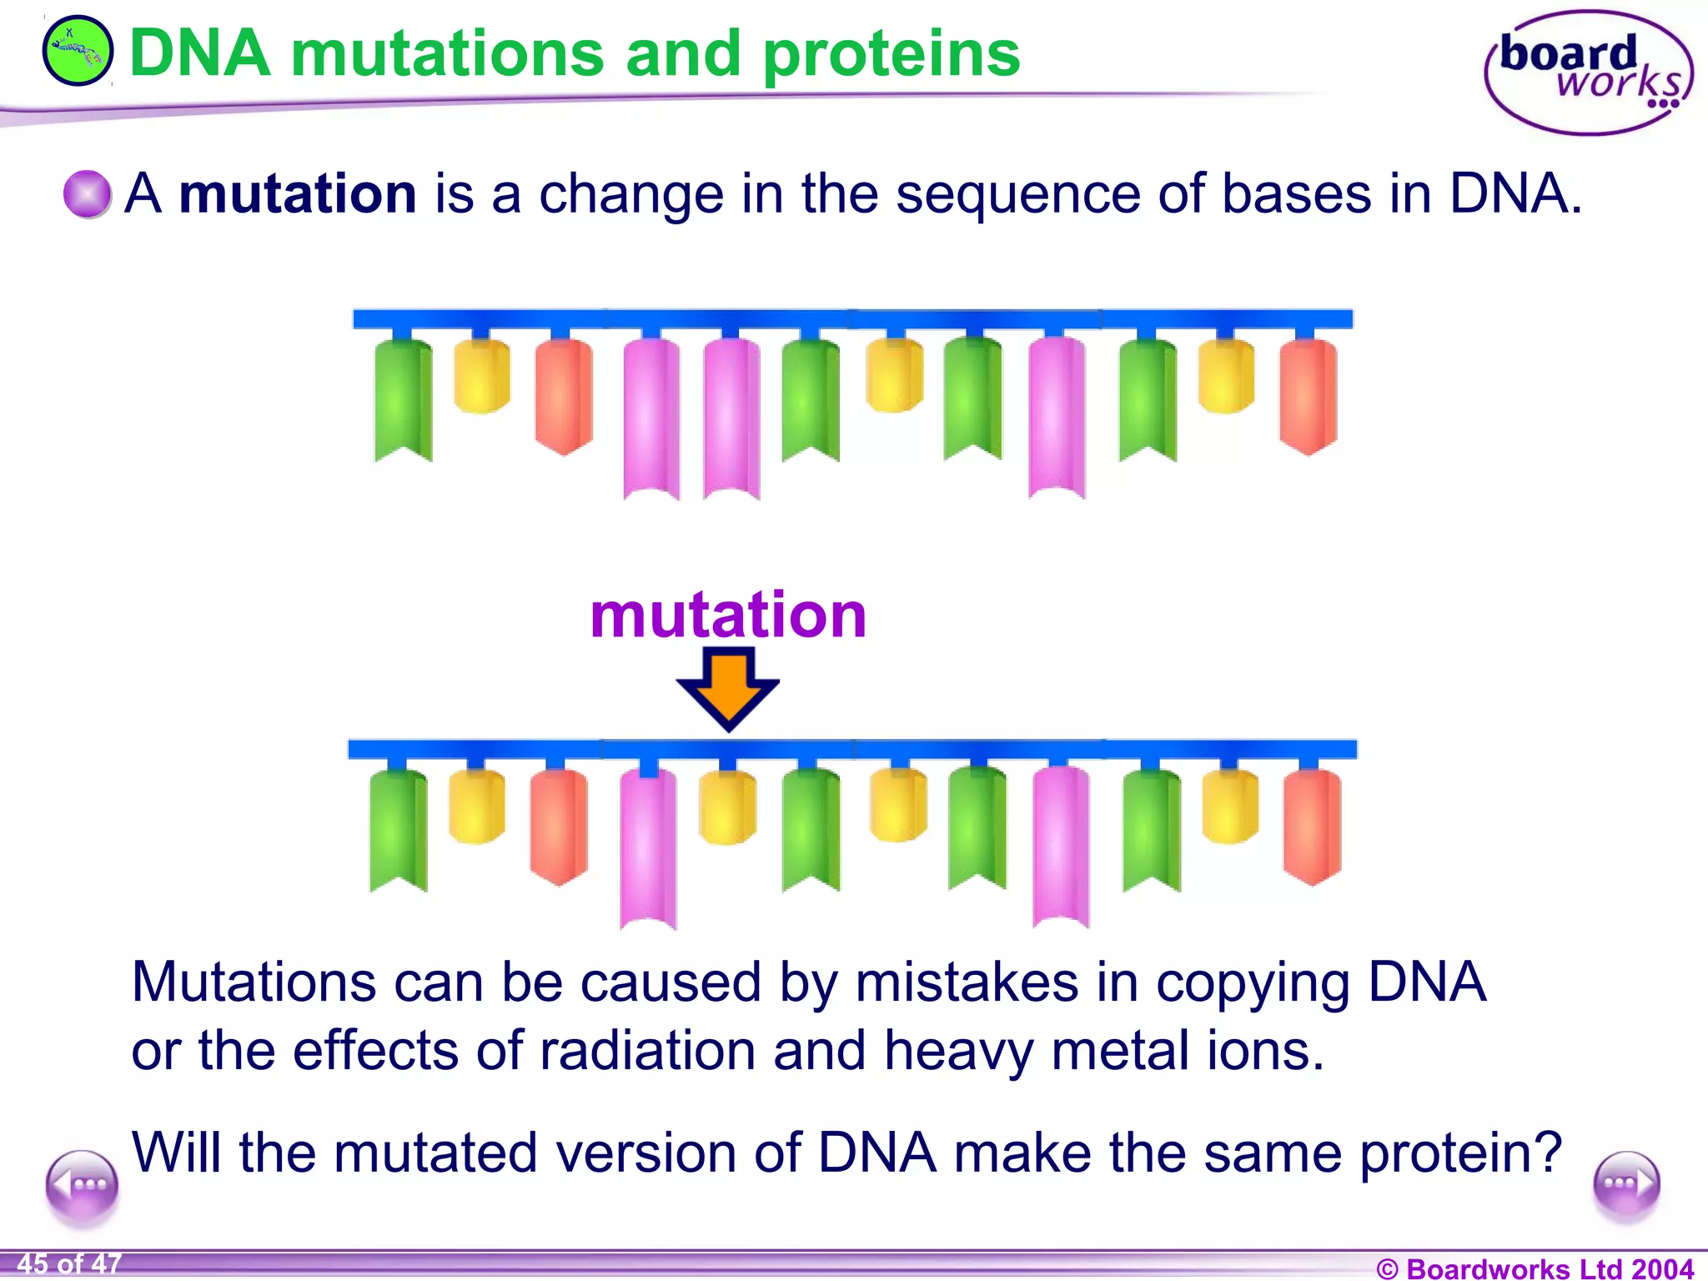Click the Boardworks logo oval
[x=1588, y=73]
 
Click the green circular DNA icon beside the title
[x=77, y=52]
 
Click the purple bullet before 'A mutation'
[x=87, y=193]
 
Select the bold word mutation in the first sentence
[x=298, y=193]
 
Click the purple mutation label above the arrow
[x=728, y=615]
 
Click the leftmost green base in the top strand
[x=403, y=399]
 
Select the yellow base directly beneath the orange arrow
[x=727, y=806]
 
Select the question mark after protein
[x=1550, y=1153]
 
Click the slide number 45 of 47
[x=69, y=1263]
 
